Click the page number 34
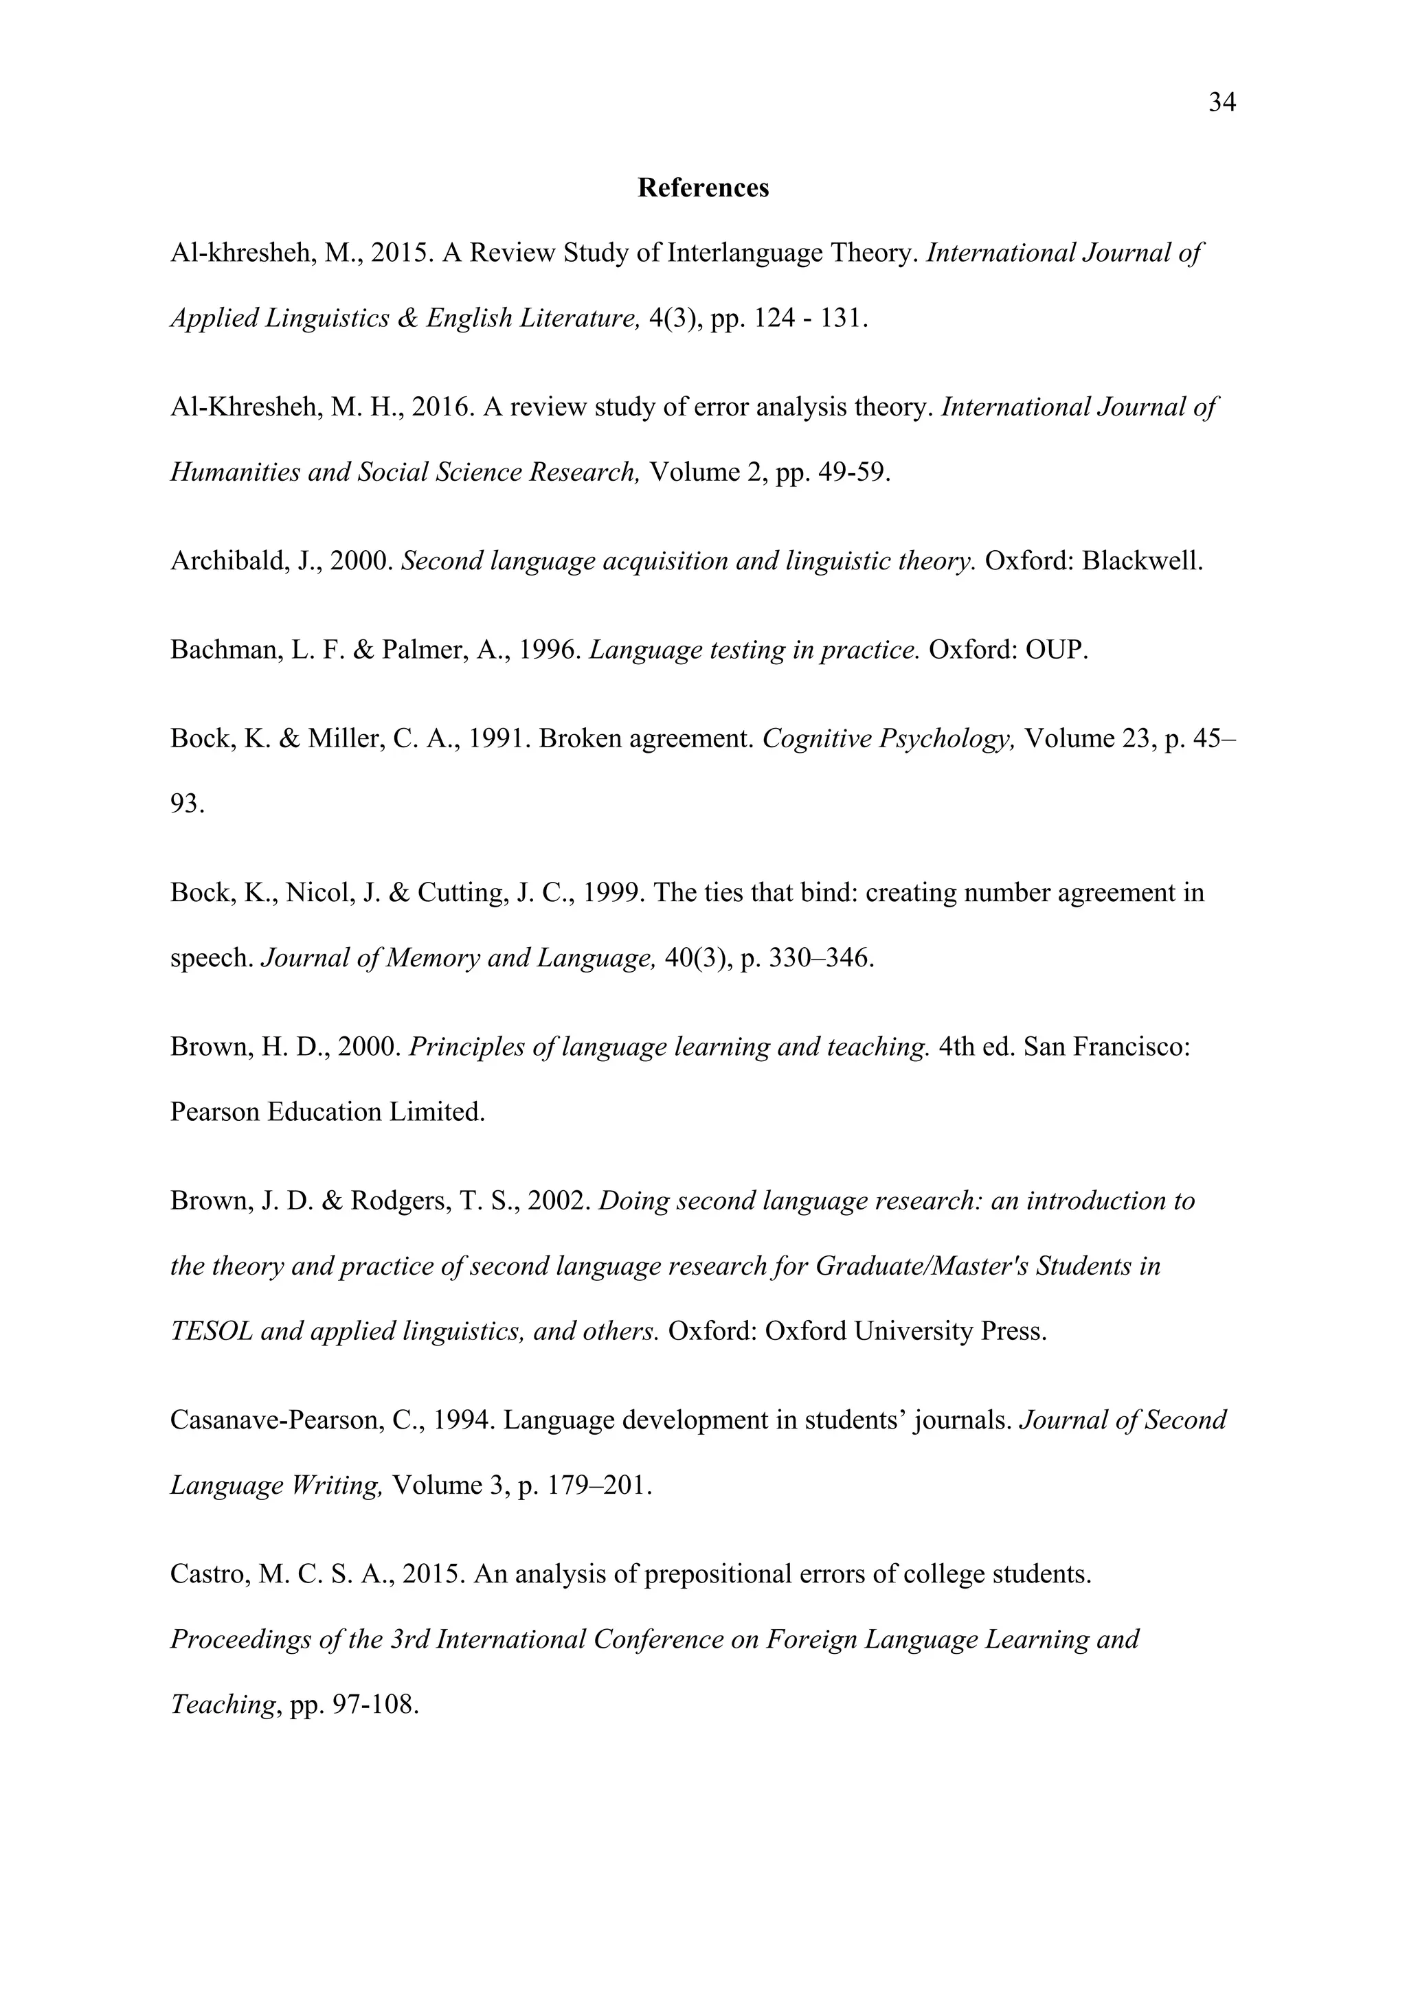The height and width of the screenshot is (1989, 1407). [x=1222, y=103]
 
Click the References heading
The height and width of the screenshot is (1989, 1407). [x=703, y=188]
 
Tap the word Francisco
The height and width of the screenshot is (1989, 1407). [x=1131, y=1047]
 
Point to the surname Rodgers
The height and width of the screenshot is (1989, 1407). [x=398, y=1201]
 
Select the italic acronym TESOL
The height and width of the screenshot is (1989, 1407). [x=210, y=1332]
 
